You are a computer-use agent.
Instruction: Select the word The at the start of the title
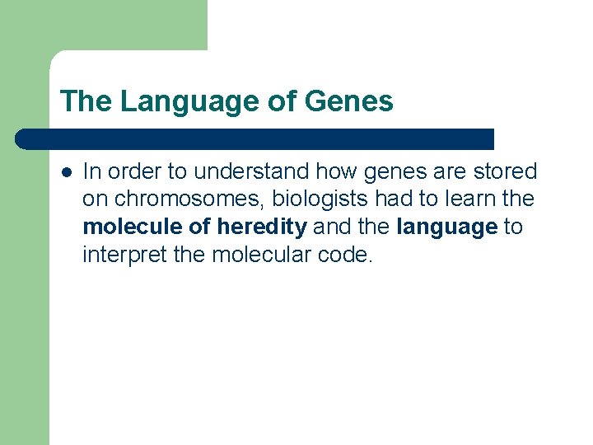click(x=86, y=102)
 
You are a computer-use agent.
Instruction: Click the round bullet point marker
click(x=65, y=172)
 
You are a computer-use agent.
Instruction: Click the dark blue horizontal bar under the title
click(x=255, y=138)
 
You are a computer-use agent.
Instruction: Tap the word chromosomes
click(x=185, y=199)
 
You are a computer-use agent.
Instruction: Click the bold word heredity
click(x=261, y=227)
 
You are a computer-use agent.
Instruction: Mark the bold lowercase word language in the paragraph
click(x=447, y=227)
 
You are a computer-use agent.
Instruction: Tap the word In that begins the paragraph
click(x=92, y=171)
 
